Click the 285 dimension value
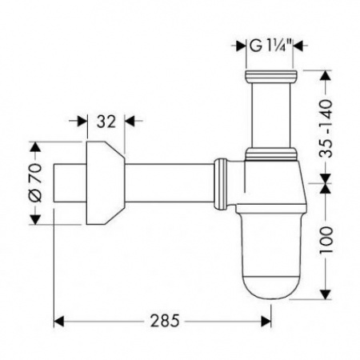(165, 321)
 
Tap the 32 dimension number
(106, 122)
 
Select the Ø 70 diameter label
(34, 182)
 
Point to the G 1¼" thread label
(270, 46)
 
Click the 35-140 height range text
(326, 128)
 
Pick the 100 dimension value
(326, 240)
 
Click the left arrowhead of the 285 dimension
(59, 322)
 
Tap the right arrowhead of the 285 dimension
(266, 322)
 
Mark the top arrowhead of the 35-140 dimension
(326, 76)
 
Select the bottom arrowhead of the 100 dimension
(326, 294)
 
